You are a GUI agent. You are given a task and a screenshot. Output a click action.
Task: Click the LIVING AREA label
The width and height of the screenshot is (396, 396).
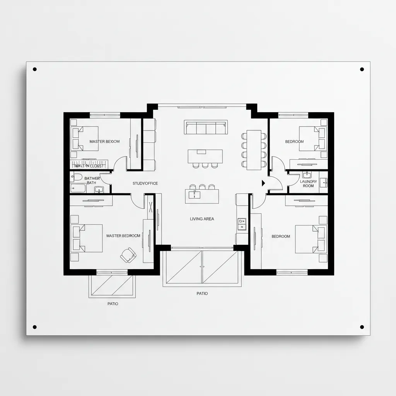pyautogui.click(x=202, y=219)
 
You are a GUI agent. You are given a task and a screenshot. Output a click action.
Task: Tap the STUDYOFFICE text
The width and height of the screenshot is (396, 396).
pyautogui.click(x=145, y=183)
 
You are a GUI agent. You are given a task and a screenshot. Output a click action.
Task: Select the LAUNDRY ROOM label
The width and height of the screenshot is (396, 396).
pyautogui.click(x=308, y=184)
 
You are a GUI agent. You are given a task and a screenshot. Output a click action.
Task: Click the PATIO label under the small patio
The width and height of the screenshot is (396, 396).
pyautogui.click(x=113, y=304)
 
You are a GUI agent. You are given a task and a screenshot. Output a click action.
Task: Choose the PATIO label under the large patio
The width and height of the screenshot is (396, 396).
pyautogui.click(x=202, y=294)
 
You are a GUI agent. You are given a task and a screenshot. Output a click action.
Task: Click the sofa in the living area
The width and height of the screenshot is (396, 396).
pyautogui.click(x=205, y=127)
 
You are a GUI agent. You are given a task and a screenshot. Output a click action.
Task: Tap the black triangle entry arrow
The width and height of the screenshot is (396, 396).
pyautogui.click(x=264, y=183)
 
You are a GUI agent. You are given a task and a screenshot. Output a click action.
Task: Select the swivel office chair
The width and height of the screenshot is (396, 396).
pyautogui.click(x=128, y=254)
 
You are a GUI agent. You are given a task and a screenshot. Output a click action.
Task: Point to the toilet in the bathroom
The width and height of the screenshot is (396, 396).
pyautogui.click(x=77, y=177)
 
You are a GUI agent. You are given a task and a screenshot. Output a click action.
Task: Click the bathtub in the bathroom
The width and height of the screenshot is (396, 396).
pyautogui.click(x=79, y=188)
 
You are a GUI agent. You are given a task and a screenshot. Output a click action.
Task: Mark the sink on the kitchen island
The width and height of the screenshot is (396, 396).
pyautogui.click(x=193, y=195)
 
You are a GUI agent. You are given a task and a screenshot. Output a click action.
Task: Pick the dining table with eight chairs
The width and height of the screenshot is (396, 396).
pyautogui.click(x=254, y=149)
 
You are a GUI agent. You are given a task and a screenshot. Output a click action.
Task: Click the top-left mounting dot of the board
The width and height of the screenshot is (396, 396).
pyautogui.click(x=35, y=70)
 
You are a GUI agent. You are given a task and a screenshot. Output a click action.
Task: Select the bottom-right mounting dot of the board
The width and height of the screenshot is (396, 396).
pyautogui.click(x=362, y=327)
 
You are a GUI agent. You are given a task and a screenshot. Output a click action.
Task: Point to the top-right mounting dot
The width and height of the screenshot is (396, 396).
pyautogui.click(x=362, y=70)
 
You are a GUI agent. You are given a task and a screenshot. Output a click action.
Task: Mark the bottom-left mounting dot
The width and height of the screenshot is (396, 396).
pyautogui.click(x=35, y=327)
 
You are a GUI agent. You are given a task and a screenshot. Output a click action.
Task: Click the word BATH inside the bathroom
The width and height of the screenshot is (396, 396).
pyautogui.click(x=92, y=183)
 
